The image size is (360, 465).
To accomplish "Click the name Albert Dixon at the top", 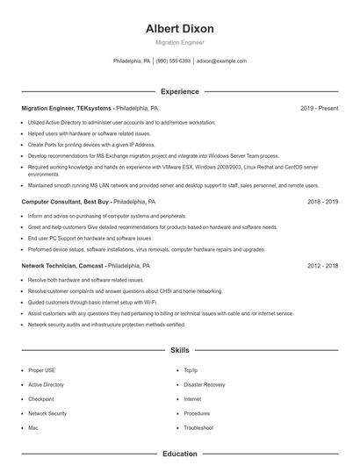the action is pos(179,29).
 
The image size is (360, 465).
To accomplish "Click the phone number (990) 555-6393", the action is pos(173,61).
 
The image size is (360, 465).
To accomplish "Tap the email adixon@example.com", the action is pos(221,61).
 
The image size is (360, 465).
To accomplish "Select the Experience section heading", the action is pos(179,91).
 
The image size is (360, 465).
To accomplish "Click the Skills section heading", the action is pos(179,350).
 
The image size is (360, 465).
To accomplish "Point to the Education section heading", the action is pos(179,454).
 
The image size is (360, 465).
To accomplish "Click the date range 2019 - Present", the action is pos(319,108).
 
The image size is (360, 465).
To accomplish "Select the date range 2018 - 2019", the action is pos(322,201).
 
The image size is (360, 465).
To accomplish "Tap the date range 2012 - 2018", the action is pos(322,264).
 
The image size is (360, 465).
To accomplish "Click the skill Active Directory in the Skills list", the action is pos(46,384).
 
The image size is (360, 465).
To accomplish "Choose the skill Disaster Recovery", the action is pos(204,384).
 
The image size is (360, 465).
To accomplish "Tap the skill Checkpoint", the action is pos(40,398).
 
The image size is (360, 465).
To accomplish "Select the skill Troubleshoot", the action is pos(198,427).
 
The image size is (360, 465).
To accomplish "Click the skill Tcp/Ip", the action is pos(191,370).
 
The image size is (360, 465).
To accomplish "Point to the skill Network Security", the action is pos(47,413).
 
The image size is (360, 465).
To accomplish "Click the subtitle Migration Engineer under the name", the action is pos(179,42).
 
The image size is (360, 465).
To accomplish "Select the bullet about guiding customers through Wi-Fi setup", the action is pos(81,301).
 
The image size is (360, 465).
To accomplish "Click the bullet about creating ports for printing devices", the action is pos(79,143).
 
